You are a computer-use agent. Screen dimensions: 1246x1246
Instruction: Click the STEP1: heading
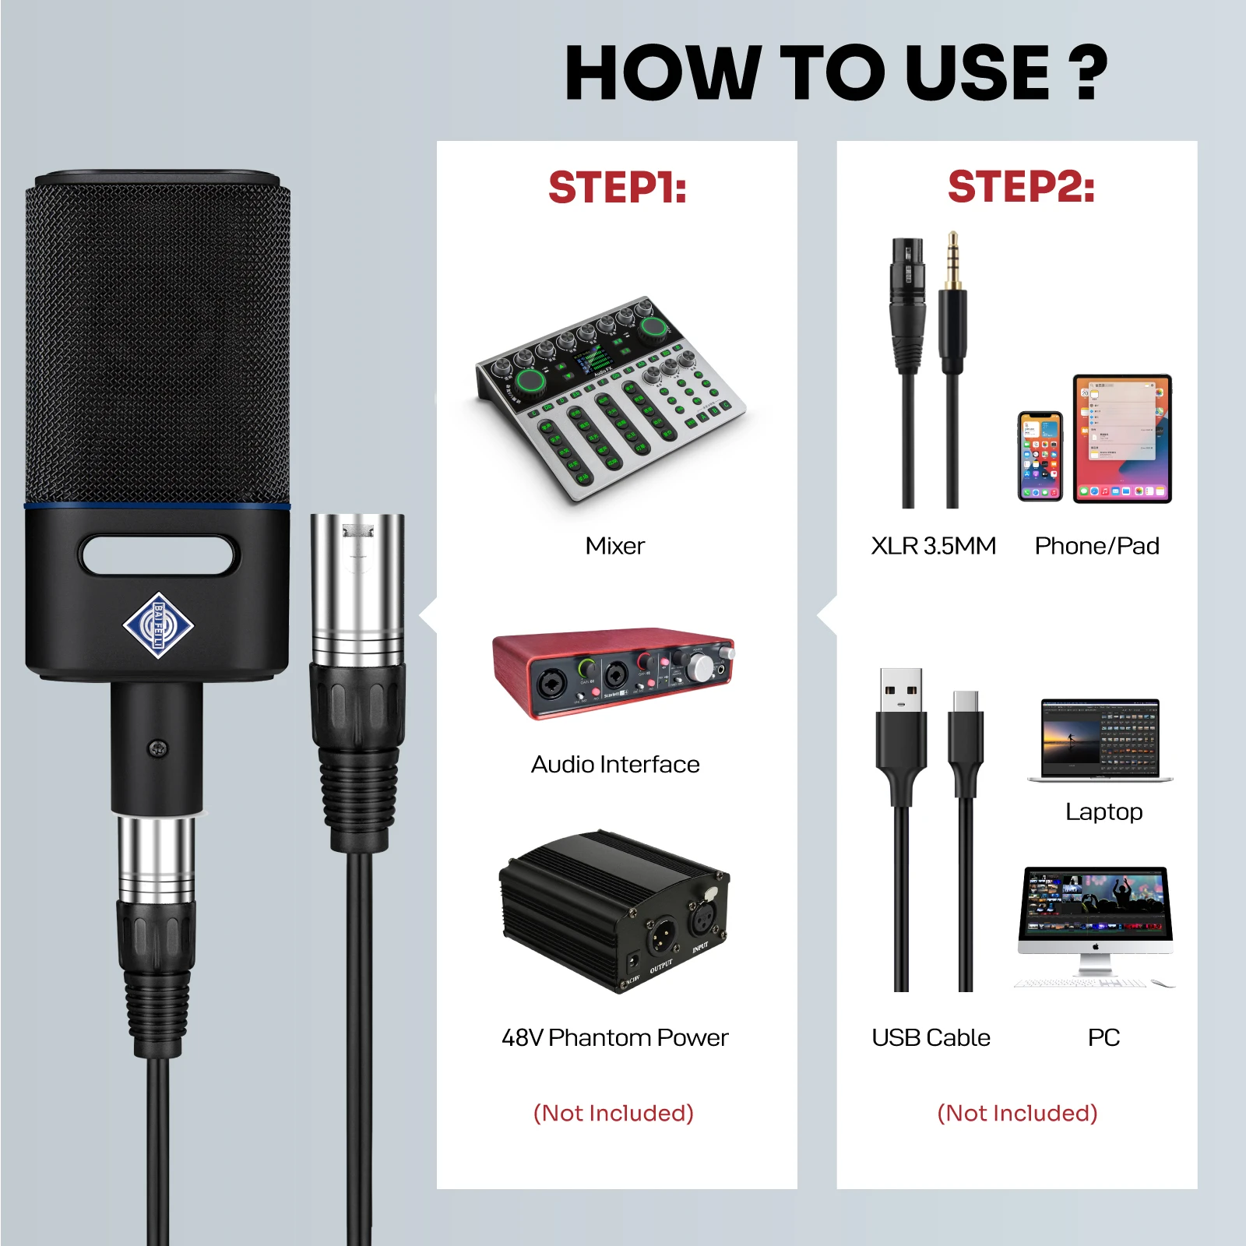coord(617,188)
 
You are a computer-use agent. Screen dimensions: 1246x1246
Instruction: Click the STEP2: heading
coord(1020,188)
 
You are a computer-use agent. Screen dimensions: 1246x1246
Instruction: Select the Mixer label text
coord(614,546)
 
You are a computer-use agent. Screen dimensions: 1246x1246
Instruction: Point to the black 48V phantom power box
coord(614,910)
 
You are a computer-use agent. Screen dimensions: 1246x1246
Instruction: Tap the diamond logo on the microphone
coord(158,625)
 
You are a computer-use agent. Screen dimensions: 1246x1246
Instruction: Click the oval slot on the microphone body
coord(157,555)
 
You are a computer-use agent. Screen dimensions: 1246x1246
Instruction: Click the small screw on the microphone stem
coord(157,749)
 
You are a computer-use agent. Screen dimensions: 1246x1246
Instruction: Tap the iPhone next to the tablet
coord(1040,456)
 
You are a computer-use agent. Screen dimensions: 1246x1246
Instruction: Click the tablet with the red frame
coord(1121,438)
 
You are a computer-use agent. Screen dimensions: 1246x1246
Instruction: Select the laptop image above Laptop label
coord(1100,739)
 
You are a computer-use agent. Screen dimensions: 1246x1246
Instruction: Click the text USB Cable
coord(931,1037)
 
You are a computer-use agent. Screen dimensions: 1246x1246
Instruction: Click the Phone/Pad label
coord(1096,546)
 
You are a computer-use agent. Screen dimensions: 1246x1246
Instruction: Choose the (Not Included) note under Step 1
coord(613,1113)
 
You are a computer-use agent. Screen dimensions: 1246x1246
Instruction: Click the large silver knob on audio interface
coord(699,667)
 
